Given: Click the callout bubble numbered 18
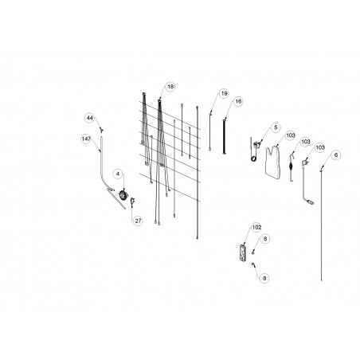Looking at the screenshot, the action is click(170, 87).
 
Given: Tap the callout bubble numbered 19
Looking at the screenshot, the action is click(225, 93).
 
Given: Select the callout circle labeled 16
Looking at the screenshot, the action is click(238, 101).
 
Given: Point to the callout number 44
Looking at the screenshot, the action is click(90, 118).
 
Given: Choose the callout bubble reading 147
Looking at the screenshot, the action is click(86, 139).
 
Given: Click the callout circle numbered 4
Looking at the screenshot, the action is click(118, 174).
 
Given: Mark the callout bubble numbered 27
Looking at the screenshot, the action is click(138, 221).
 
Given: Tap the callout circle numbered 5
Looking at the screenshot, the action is click(276, 127).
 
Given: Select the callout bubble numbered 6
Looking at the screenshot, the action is click(336, 155).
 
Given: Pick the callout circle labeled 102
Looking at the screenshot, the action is click(256, 228).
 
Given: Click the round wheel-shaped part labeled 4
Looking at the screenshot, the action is click(123, 195).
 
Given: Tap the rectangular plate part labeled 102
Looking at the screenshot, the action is click(242, 252).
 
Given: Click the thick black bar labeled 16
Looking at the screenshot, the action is click(225, 137).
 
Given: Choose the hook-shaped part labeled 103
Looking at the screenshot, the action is click(292, 168).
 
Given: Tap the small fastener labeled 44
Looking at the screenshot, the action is click(101, 130).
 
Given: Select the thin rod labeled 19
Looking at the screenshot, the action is click(210, 131).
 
